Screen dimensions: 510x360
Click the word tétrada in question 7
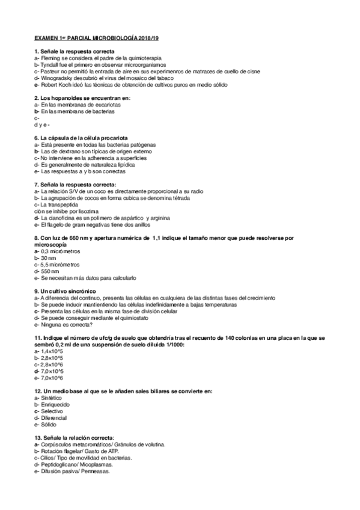tap(178, 198)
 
